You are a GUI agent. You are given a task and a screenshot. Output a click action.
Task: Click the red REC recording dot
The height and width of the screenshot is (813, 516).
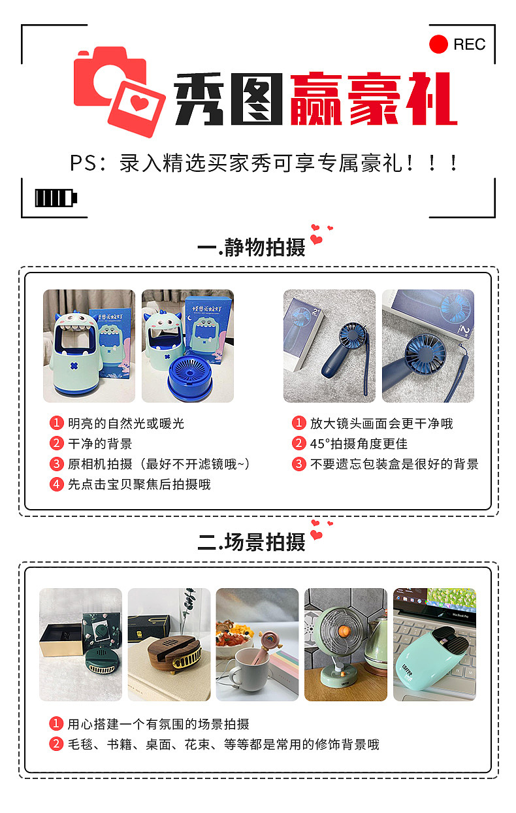click(x=438, y=44)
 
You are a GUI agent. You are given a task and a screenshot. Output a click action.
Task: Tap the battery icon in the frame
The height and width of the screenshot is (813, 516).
click(x=56, y=197)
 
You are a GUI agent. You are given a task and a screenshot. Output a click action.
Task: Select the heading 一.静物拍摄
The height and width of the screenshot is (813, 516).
click(x=251, y=248)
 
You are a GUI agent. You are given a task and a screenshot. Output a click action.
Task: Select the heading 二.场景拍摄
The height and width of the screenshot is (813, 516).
click(x=251, y=542)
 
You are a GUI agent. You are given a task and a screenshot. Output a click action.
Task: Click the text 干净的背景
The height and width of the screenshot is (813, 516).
click(x=100, y=444)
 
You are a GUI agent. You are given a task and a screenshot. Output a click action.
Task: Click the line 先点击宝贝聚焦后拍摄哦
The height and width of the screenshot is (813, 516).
click(x=139, y=484)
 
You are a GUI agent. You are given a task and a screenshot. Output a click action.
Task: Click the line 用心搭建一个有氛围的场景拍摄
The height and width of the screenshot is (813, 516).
click(x=158, y=724)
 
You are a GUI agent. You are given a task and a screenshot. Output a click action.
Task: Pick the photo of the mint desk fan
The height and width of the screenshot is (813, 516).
click(x=346, y=644)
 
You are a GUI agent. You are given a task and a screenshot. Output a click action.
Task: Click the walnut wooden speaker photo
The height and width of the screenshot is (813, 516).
click(x=169, y=644)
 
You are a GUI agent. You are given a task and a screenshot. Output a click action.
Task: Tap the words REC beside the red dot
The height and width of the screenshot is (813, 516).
click(x=469, y=44)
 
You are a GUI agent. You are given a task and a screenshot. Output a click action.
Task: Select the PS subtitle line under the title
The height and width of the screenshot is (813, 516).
click(x=264, y=163)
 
